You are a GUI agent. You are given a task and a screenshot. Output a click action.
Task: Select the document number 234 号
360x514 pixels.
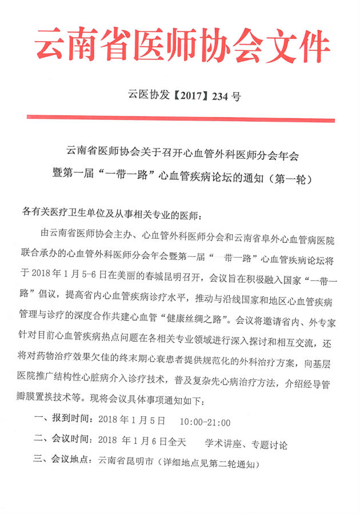pyautogui.click(x=225, y=96)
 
